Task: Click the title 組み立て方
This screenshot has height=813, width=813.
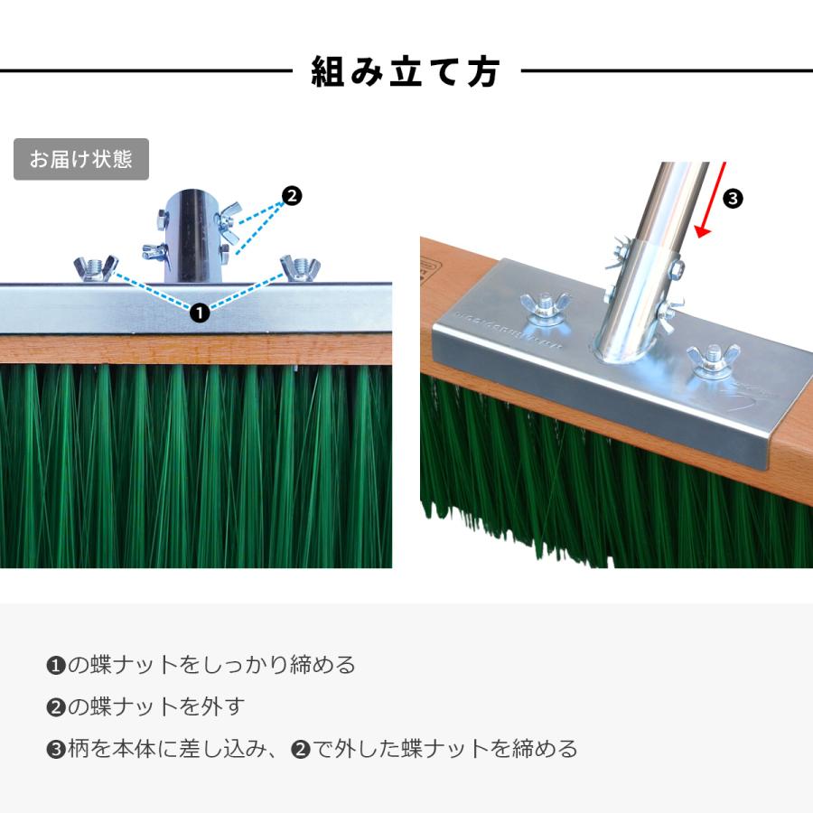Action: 406,71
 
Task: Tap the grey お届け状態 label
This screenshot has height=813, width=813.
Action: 81,160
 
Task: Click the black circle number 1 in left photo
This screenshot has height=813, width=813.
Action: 200,313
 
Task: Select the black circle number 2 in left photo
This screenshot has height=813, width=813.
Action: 292,194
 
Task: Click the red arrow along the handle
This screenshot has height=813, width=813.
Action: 714,202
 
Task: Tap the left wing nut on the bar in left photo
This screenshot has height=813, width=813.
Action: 96,268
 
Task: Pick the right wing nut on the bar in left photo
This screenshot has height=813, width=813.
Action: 301,268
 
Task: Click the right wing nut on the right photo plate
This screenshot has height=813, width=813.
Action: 713,359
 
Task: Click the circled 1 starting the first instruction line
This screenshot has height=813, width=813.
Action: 55,667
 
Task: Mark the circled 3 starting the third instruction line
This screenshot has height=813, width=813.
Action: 55,749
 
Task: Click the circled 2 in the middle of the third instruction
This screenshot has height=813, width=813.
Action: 301,749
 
